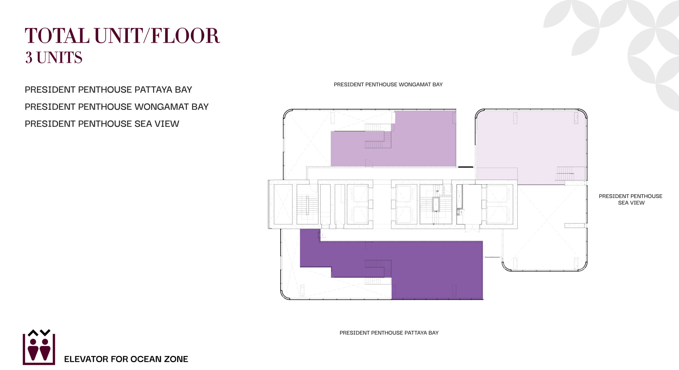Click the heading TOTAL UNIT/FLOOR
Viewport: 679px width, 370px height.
pos(122,36)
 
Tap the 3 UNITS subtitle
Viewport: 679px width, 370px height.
pos(54,57)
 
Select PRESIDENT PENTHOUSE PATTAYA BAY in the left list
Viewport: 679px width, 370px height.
pos(108,90)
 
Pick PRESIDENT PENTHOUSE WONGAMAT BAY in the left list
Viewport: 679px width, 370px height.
pos(116,107)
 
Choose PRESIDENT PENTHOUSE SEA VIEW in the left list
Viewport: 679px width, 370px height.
pos(102,124)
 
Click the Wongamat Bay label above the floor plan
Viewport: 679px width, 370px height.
pos(388,85)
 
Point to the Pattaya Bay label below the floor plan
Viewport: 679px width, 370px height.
pos(389,333)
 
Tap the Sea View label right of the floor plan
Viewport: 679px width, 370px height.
pos(630,199)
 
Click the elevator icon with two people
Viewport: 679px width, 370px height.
pos(39,347)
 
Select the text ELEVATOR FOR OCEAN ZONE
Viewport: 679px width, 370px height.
pos(126,359)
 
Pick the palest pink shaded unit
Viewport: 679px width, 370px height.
pos(530,144)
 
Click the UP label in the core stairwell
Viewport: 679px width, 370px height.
pos(437,191)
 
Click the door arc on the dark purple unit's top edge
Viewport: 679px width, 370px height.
pos(369,245)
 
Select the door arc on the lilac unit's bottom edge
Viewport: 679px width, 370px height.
pos(369,163)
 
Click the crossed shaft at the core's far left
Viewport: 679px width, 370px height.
pos(283,204)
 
